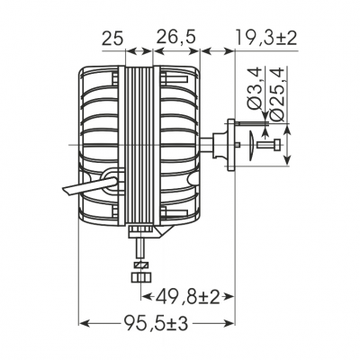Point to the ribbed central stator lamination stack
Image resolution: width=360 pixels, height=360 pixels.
[139, 144]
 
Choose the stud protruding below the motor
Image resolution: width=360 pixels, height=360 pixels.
[139, 247]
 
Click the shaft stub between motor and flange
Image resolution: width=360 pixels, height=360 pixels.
[219, 143]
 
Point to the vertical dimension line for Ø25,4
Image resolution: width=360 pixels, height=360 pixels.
[287, 144]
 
